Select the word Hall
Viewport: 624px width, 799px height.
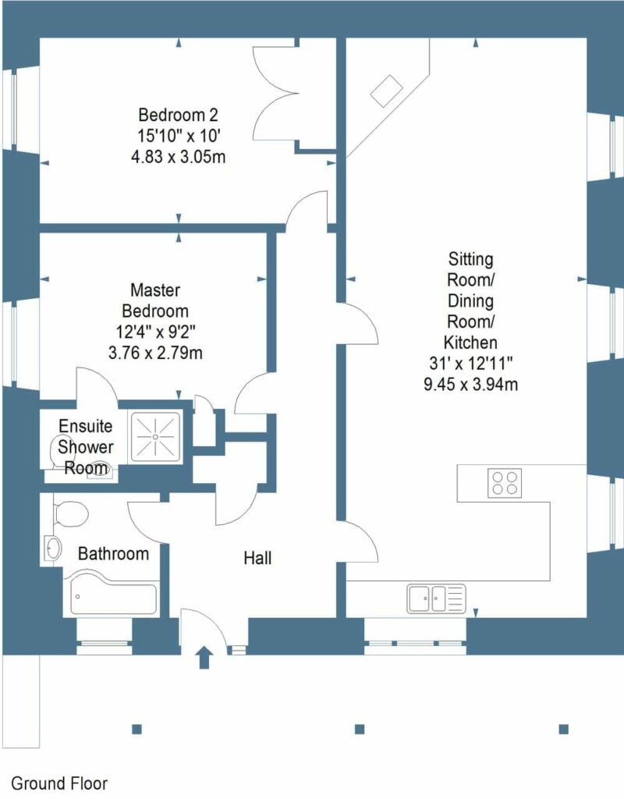coord(257,559)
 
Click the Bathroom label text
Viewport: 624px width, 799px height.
coord(113,554)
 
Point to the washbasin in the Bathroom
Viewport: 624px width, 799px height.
coord(52,548)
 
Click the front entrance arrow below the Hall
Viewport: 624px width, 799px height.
coord(205,657)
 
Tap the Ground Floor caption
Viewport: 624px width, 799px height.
coord(59,783)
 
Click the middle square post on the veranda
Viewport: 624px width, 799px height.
coord(360,730)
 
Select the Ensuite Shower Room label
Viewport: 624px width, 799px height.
coord(86,447)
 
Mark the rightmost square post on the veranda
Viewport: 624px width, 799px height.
coord(563,730)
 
